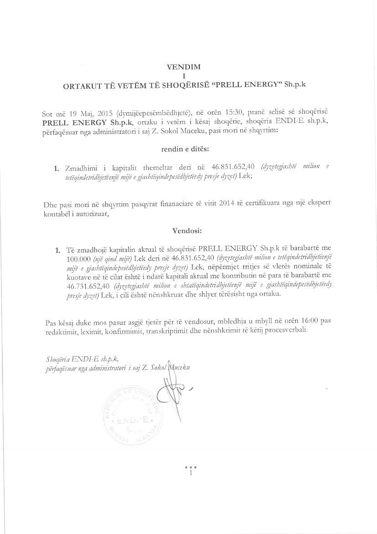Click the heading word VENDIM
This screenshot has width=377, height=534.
pyautogui.click(x=184, y=67)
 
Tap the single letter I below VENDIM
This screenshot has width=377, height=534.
pyautogui.click(x=184, y=76)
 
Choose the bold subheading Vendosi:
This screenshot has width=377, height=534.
pyautogui.click(x=184, y=231)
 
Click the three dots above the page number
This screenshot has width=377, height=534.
pyautogui.click(x=190, y=467)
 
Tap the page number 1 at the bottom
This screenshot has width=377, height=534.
pyautogui.click(x=190, y=473)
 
